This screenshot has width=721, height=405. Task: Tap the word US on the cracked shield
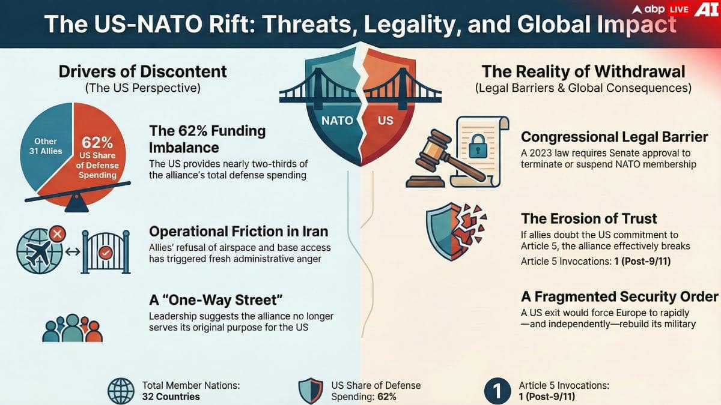point(385,120)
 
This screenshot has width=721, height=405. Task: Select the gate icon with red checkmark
point(106,251)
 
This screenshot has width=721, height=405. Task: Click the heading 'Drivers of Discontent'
point(142,71)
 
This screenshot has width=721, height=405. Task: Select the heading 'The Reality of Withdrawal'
point(583,71)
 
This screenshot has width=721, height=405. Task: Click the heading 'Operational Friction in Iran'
point(239,232)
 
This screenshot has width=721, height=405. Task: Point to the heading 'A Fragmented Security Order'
point(619,296)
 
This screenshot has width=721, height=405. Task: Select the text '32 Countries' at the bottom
point(171,397)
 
